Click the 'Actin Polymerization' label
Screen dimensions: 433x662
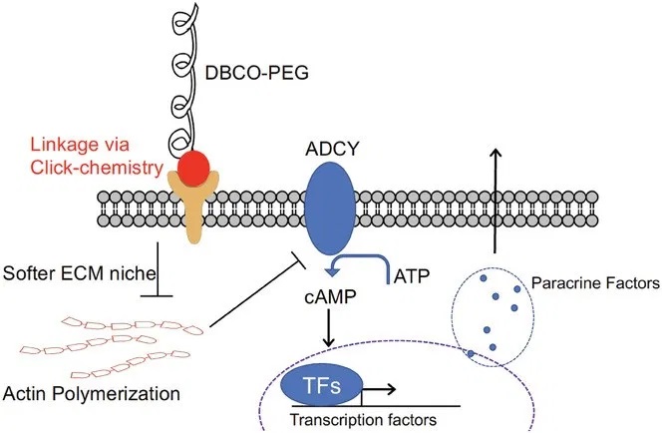coord(92,393)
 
